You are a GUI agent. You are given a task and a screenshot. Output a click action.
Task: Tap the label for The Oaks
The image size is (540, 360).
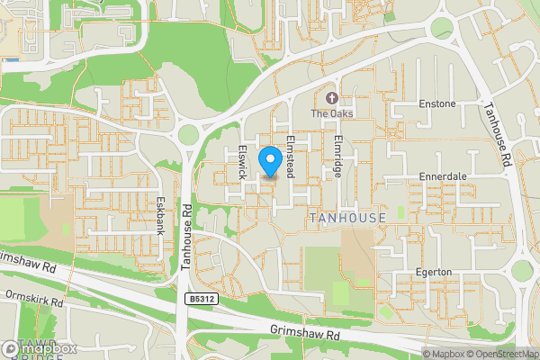click(x=331, y=114)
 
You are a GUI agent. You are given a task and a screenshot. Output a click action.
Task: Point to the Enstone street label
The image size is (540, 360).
click(x=437, y=104)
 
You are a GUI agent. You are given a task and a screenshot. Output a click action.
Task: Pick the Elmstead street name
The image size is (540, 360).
click(x=290, y=157)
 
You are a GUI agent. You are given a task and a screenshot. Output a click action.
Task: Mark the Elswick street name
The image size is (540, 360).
click(x=241, y=161)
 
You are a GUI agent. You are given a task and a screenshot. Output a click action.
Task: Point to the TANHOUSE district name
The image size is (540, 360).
click(x=346, y=219)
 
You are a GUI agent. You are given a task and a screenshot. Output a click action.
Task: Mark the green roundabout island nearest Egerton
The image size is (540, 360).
click(x=522, y=270)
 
